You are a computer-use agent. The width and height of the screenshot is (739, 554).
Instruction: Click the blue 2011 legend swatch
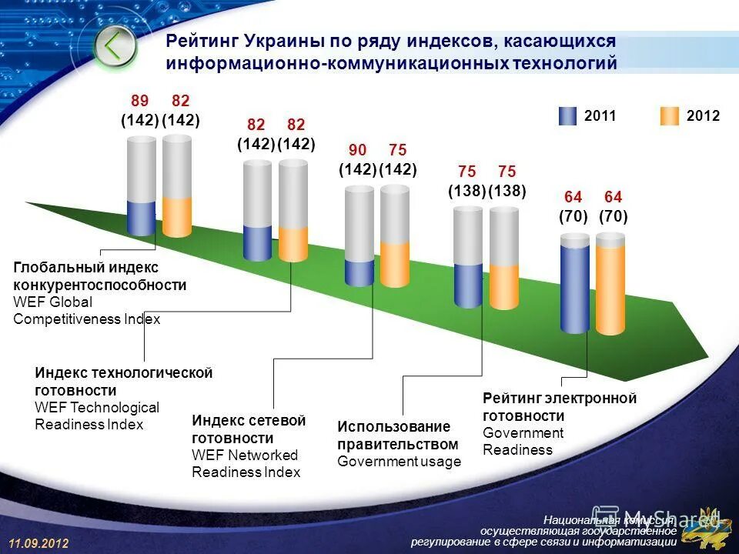click(x=567, y=116)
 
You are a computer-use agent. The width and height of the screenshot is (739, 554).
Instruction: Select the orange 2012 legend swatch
click(x=670, y=116)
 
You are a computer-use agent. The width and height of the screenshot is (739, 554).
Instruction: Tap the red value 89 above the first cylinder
click(x=139, y=101)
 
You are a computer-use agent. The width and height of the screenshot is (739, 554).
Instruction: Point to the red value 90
click(x=358, y=150)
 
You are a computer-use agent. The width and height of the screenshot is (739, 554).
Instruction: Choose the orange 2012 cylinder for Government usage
click(x=504, y=286)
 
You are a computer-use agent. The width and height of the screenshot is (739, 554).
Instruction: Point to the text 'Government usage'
click(x=399, y=462)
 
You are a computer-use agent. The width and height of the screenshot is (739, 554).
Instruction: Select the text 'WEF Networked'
click(x=244, y=455)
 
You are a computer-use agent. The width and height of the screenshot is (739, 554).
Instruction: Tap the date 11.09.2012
click(x=39, y=543)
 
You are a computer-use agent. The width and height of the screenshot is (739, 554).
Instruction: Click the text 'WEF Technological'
click(x=97, y=407)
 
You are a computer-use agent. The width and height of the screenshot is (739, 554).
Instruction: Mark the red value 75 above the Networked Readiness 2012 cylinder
click(x=398, y=150)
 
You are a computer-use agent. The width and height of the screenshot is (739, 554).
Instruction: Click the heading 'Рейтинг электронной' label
click(x=560, y=399)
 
